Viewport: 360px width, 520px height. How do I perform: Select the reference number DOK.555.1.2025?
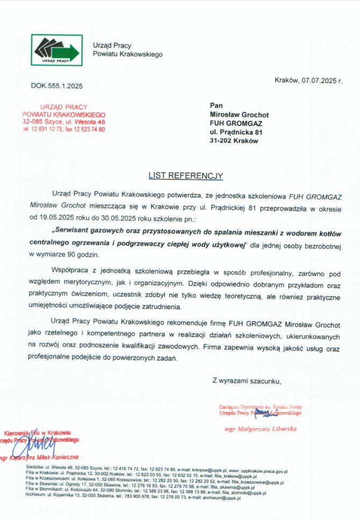57,86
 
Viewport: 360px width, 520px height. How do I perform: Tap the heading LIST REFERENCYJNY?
185,175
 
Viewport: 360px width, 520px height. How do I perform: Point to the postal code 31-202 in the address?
221,141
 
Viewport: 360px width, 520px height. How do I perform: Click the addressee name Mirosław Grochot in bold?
239,114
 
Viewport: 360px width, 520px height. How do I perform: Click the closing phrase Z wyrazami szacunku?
247,381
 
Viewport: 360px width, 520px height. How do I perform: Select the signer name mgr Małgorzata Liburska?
260,429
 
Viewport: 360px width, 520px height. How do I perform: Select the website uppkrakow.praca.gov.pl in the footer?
261,468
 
